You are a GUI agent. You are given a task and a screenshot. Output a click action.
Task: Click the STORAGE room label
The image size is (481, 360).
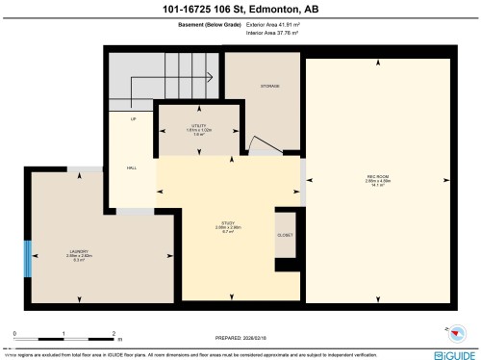coord(269,87)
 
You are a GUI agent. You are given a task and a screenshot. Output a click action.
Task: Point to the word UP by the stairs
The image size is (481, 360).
coord(134,118)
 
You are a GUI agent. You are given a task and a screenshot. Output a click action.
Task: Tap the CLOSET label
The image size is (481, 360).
coord(285,235)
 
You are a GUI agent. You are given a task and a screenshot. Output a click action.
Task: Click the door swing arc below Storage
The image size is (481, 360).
coord(260,145)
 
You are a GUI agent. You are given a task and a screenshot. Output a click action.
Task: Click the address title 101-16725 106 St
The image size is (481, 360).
coord(240,10)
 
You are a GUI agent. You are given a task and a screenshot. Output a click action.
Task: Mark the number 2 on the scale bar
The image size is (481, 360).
coord(114,333)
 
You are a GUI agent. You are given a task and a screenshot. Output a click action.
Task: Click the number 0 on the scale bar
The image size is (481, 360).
coord(14,333)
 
